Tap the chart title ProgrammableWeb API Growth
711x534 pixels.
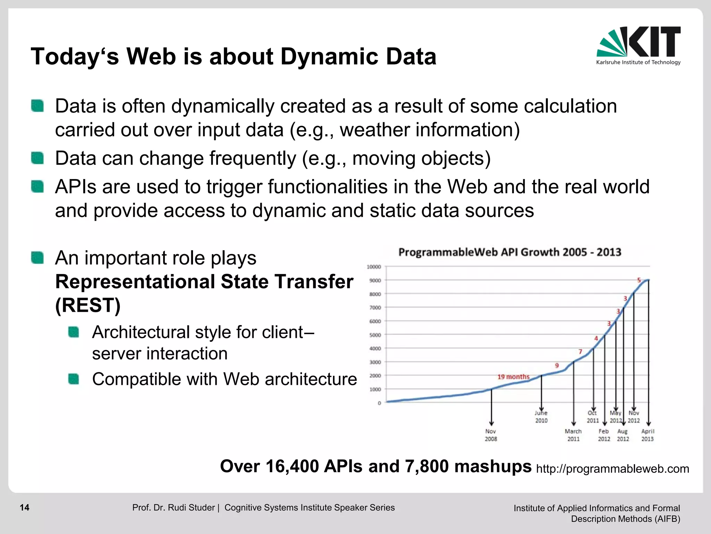[509, 252]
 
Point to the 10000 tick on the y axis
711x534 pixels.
[374, 267]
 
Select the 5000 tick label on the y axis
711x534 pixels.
[375, 335]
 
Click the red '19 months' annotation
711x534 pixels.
[513, 377]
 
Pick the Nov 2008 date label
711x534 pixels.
[491, 435]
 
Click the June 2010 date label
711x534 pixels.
[541, 416]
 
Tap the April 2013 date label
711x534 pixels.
[647, 435]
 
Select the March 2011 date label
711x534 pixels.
[573, 435]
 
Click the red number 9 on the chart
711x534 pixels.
[557, 365]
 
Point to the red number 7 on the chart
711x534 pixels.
[580, 351]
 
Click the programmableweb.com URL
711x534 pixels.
[612, 469]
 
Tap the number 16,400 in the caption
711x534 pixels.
[292, 466]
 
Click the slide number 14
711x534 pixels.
[25, 508]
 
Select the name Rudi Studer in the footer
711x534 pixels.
[191, 508]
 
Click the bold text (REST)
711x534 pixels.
[88, 305]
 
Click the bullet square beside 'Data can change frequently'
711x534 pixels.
[37, 158]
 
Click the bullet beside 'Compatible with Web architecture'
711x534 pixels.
[74, 379]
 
